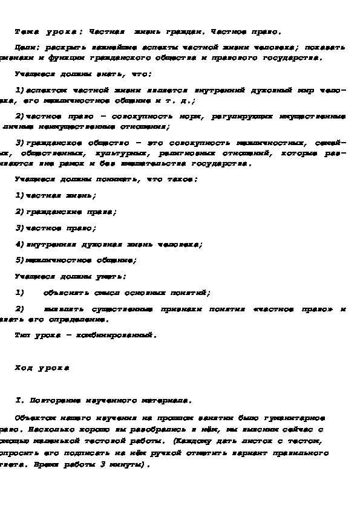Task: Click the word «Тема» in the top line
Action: tap(25, 32)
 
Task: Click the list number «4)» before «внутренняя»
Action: tap(19, 245)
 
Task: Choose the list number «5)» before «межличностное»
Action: tap(19, 261)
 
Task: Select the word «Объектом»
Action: tap(35, 418)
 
